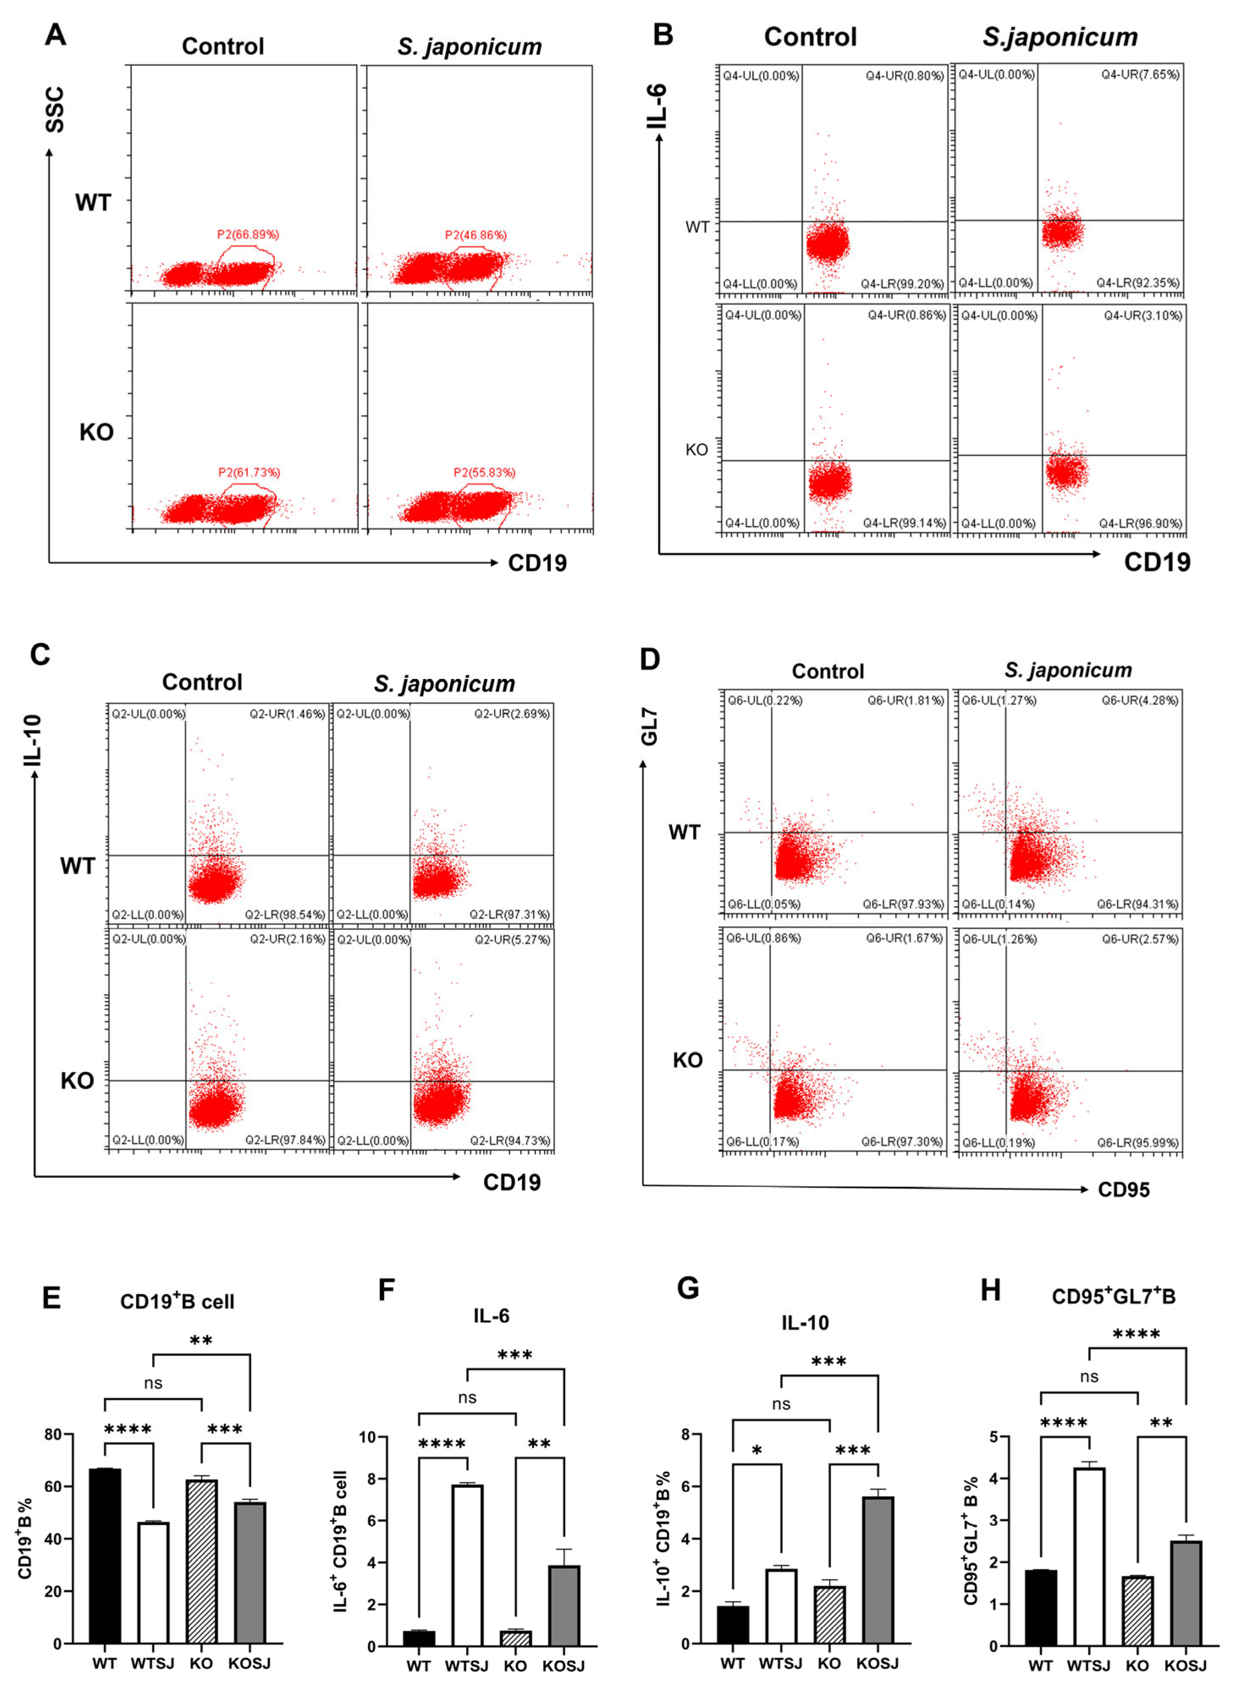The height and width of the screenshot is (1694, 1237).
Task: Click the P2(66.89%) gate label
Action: point(248,234)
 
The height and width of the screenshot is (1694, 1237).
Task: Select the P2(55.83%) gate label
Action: point(484,473)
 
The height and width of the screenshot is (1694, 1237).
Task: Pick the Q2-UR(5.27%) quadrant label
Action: point(512,939)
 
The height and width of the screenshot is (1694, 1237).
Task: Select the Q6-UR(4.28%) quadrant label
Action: point(1140,700)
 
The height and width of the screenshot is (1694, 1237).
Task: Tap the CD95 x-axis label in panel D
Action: point(1123,1189)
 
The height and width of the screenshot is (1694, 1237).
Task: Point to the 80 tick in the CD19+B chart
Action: point(52,1434)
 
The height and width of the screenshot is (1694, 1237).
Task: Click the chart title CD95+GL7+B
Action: point(1113,1296)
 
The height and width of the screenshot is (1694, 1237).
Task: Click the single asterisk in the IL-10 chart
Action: point(757,1451)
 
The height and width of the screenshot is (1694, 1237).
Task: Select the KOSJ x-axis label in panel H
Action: point(1185,1666)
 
